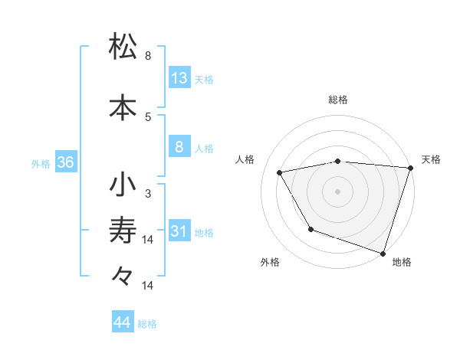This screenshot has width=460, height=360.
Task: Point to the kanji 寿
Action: (123, 229)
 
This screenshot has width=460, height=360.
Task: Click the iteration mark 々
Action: (123, 276)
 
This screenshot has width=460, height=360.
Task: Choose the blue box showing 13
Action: (179, 78)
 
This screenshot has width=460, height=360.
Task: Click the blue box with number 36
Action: (65, 162)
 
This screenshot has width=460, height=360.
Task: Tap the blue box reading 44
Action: (123, 322)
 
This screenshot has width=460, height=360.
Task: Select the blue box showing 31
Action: (179, 231)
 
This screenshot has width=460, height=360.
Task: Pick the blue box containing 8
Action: (179, 148)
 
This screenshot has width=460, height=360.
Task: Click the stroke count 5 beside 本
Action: (148, 117)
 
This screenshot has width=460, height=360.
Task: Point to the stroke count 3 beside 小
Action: (148, 194)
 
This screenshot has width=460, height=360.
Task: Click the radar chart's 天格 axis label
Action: (431, 159)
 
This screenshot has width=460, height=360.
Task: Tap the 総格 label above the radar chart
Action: (337, 100)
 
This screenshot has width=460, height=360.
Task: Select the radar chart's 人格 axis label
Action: (245, 159)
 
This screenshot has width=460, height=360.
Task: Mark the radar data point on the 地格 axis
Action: (383, 253)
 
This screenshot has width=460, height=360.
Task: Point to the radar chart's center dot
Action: (337, 191)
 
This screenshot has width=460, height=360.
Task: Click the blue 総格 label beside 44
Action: (147, 324)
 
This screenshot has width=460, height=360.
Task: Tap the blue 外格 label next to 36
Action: (41, 163)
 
